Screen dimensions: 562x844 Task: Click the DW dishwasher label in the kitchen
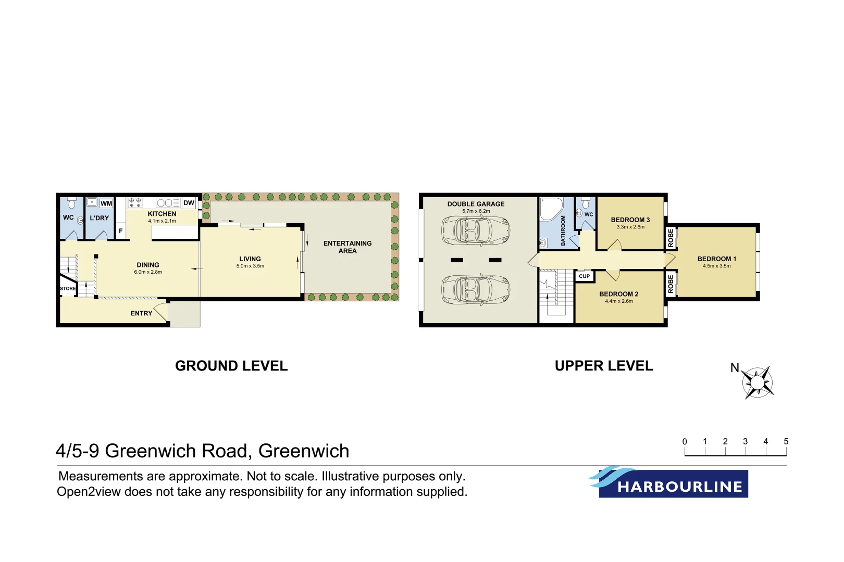(x=189, y=203)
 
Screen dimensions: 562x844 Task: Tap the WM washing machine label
(x=106, y=203)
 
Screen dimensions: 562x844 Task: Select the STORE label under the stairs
(x=68, y=289)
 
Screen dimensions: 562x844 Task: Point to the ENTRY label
(x=141, y=313)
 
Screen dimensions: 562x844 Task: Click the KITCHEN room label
(x=162, y=214)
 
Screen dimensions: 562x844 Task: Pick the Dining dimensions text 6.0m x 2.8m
(x=148, y=272)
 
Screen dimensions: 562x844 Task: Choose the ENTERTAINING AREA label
(x=347, y=247)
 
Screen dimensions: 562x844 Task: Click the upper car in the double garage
(x=475, y=230)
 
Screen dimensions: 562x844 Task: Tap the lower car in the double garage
(x=475, y=289)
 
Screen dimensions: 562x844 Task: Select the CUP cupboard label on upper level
(x=585, y=276)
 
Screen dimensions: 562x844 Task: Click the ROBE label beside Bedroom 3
(x=671, y=238)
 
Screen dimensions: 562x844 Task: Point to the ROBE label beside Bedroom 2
(x=671, y=284)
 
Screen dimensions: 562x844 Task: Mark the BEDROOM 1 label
(x=717, y=259)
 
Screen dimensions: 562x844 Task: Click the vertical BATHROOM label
(x=563, y=231)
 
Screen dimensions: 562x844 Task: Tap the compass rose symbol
(x=758, y=382)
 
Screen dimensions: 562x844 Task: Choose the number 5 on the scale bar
(x=786, y=441)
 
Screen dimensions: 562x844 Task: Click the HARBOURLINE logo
(x=672, y=483)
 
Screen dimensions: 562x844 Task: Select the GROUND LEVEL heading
(x=231, y=366)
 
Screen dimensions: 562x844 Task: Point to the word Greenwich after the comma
(x=304, y=451)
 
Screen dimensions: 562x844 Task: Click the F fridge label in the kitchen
(x=121, y=231)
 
